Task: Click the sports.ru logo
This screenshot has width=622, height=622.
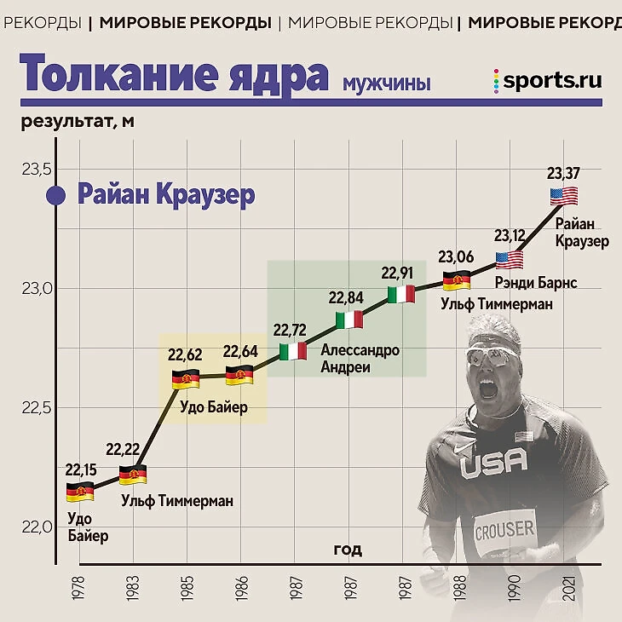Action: tap(547, 80)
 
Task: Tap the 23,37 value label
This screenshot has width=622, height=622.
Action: tap(563, 174)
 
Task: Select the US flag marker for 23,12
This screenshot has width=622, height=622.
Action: tap(510, 259)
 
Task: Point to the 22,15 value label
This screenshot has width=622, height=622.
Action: tap(80, 469)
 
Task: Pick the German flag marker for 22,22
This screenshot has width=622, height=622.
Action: tap(132, 475)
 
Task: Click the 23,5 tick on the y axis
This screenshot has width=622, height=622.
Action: tap(35, 169)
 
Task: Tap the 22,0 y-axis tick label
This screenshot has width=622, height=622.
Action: tap(35, 527)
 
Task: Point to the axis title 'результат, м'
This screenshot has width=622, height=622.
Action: tap(78, 121)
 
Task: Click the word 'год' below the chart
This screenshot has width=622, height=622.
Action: tap(347, 550)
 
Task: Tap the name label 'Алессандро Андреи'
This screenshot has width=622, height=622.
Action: tap(360, 359)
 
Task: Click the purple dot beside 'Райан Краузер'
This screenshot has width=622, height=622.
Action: tap(56, 196)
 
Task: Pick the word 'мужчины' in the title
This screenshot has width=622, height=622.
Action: tap(386, 83)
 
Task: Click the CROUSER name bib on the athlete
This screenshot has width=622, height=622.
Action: tap(504, 529)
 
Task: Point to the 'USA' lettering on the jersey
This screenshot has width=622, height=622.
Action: tap(493, 463)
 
